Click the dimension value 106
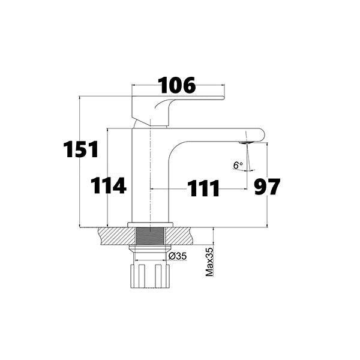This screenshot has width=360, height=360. [177, 86]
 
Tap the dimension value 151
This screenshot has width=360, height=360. [81, 149]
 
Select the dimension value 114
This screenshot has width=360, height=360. [109, 185]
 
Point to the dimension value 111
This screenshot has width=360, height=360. [203, 188]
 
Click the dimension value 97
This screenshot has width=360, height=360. [267, 187]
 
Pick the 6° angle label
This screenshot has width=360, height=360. [238, 164]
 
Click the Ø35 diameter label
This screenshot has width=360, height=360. [178, 256]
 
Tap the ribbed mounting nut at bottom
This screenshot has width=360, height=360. [150, 275]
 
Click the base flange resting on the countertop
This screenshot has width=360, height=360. [150, 225]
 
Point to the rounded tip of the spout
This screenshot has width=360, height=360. [259, 134]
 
